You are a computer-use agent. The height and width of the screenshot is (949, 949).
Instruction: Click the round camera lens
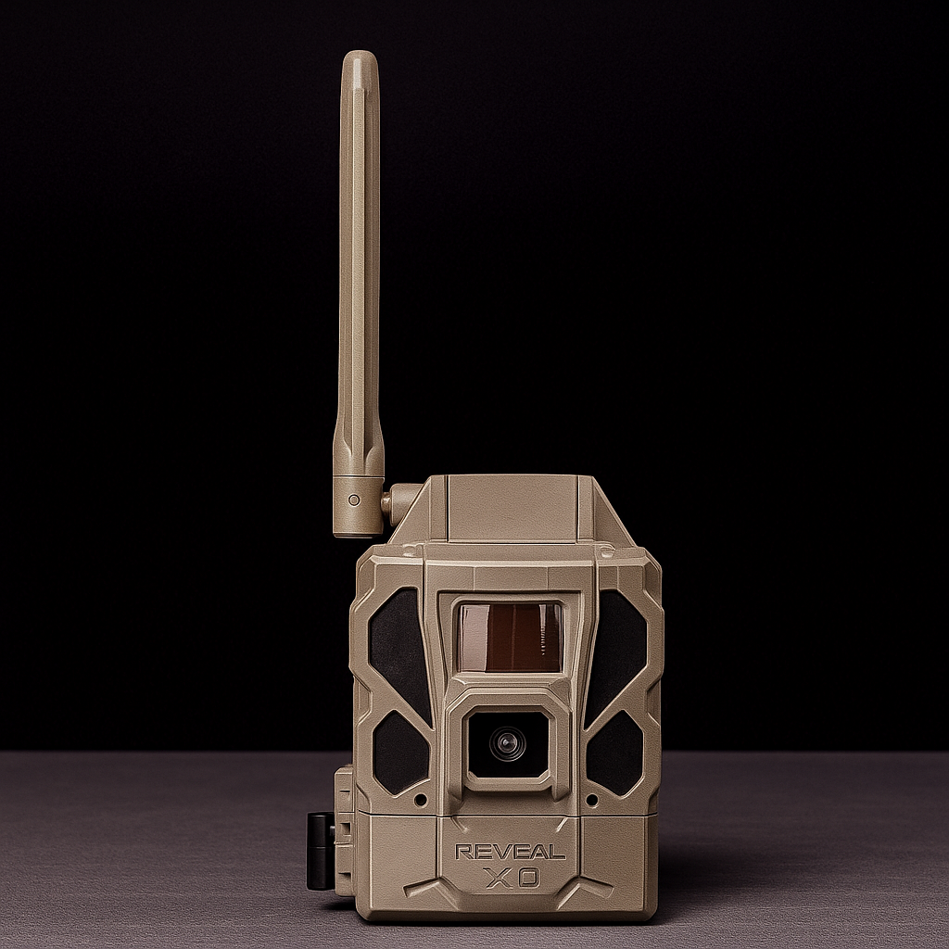pyautogui.click(x=507, y=743)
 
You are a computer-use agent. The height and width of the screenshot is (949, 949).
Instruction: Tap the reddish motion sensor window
pyautogui.click(x=510, y=637)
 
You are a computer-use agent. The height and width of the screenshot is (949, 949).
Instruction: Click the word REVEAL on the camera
pyautogui.click(x=510, y=852)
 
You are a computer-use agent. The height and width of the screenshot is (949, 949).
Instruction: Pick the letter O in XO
pyautogui.click(x=528, y=879)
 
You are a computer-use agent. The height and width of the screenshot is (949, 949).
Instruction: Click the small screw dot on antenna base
pyautogui.click(x=353, y=500)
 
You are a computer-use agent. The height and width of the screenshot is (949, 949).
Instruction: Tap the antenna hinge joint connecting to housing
pyautogui.click(x=397, y=501)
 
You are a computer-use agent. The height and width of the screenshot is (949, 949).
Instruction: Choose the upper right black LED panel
pyautogui.click(x=618, y=650)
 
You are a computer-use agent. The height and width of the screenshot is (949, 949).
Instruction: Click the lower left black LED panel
pyautogui.click(x=400, y=752)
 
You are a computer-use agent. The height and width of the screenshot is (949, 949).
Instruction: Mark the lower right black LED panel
pyautogui.click(x=614, y=752)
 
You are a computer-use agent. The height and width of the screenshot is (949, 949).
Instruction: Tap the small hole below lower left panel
pyautogui.click(x=421, y=798)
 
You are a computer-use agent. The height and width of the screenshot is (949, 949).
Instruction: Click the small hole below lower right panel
pyautogui.click(x=596, y=798)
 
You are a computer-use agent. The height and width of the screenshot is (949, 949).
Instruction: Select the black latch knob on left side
pyautogui.click(x=320, y=850)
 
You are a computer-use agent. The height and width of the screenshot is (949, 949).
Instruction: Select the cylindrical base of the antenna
pyautogui.click(x=359, y=505)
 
